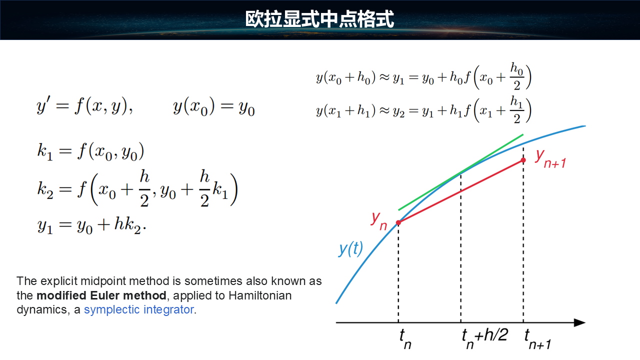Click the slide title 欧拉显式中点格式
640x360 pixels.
[319, 19]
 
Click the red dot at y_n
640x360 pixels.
[398, 222]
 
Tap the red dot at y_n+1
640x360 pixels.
[523, 160]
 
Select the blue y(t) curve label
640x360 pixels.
[350, 249]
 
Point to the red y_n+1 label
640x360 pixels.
[550, 159]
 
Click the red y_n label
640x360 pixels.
[379, 221]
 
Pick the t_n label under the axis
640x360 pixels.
[405, 339]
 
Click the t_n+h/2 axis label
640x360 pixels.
[485, 339]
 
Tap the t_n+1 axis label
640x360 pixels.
[537, 339]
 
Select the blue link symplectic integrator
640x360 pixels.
[139, 309]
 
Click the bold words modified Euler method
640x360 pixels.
[101, 295]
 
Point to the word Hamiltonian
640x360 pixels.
[260, 295]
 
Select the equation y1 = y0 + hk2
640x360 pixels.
[91, 225]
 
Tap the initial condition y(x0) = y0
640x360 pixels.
[213, 106]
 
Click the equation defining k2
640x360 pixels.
[137, 188]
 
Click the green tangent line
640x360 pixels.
[461, 172]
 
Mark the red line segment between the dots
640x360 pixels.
[460, 191]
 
